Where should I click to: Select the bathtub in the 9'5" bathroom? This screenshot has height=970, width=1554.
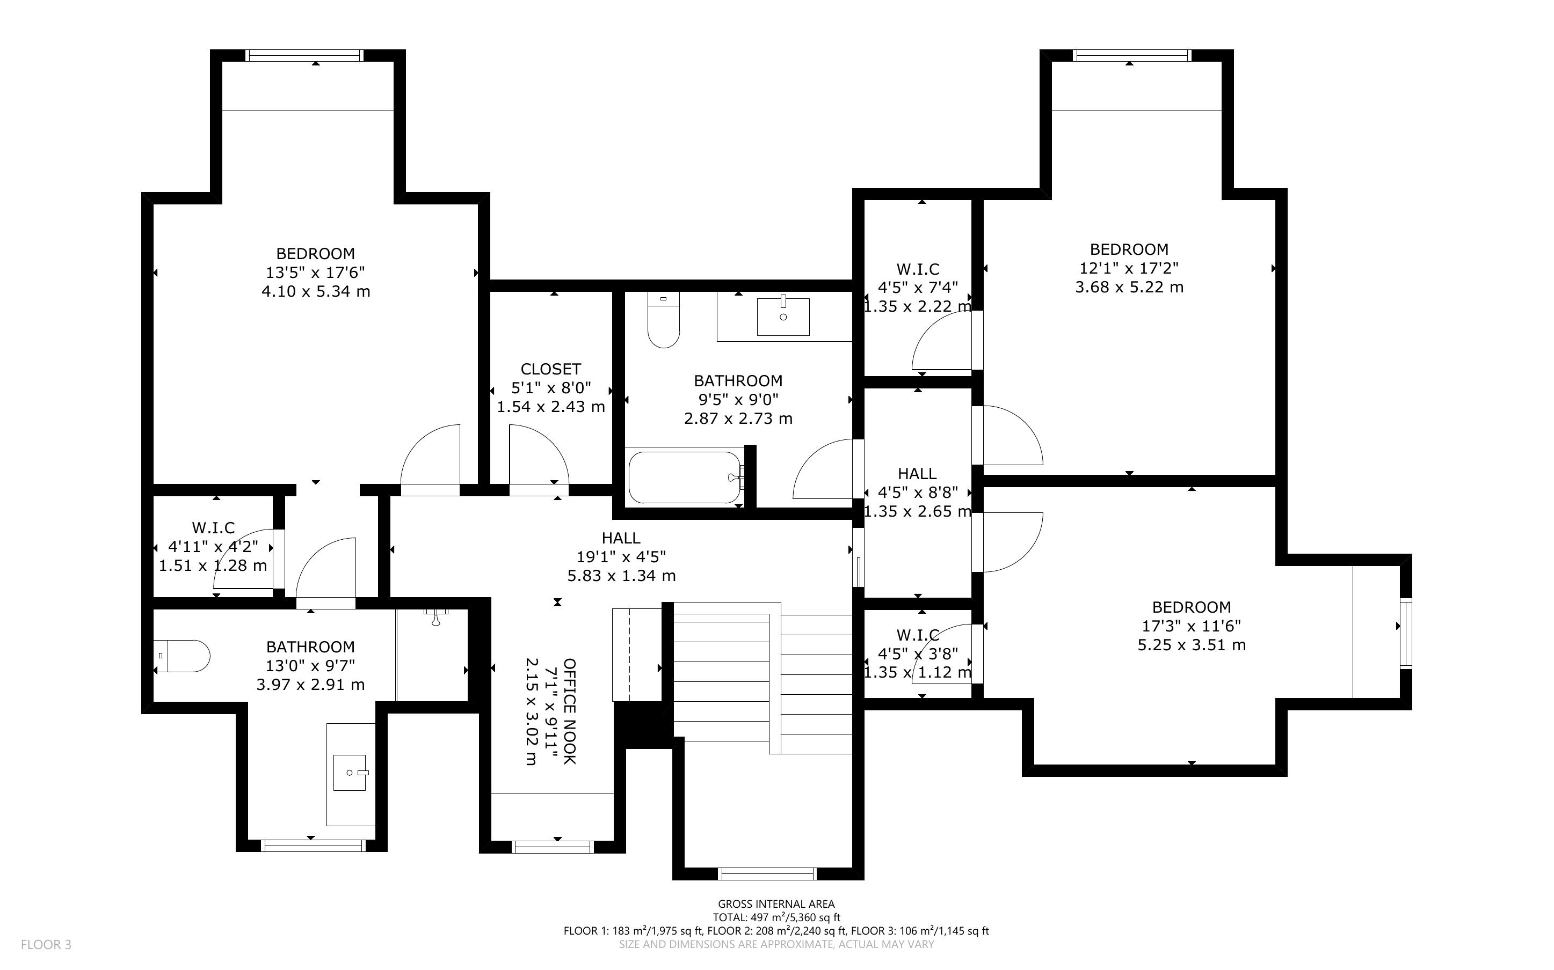pos(684,477)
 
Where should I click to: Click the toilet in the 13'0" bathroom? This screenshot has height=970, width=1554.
pos(181,656)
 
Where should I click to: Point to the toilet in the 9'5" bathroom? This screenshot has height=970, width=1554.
pos(664,319)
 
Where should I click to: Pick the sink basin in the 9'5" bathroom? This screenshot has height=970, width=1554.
pos(783,317)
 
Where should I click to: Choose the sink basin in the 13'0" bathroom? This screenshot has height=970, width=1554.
pos(350,773)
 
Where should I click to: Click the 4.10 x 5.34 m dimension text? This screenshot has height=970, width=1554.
pos(316,291)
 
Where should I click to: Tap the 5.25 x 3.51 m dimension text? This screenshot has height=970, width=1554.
pos(1192,645)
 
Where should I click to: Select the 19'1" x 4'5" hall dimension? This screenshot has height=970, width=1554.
pos(621,557)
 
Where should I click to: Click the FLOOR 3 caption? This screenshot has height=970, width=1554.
pos(46,944)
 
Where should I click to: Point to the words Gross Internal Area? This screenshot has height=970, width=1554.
pos(776,905)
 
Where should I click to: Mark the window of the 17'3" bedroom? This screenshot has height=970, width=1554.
pos(1406,633)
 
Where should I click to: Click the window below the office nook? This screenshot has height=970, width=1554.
pos(553,847)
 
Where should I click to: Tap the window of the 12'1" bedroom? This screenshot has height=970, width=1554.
pos(1133,56)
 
